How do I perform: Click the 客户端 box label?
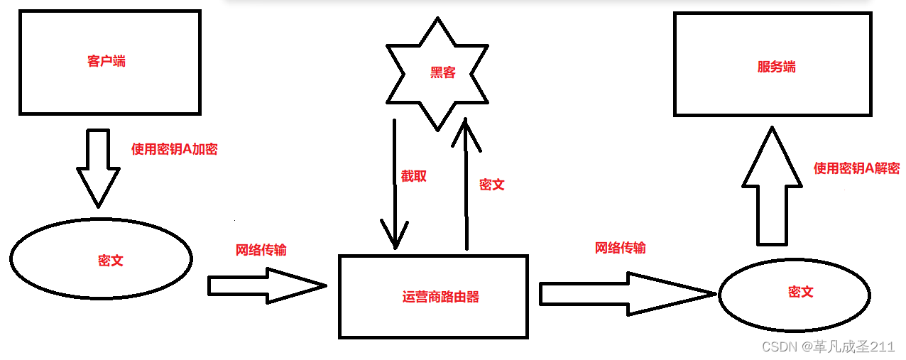[107, 61]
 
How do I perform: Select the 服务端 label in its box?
[776, 67]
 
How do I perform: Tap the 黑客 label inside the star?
[442, 72]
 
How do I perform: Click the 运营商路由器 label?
[440, 297]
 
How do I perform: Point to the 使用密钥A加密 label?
[175, 149]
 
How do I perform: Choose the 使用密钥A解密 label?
[856, 168]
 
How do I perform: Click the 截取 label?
[414, 175]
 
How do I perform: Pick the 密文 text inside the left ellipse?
[110, 261]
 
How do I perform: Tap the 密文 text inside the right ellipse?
[800, 292]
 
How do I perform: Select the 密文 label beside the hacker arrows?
[492, 185]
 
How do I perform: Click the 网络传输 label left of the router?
[261, 250]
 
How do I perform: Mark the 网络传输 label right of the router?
[621, 248]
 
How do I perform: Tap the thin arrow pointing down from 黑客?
[394, 185]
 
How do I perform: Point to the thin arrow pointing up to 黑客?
[466, 185]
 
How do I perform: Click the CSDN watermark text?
[828, 347]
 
